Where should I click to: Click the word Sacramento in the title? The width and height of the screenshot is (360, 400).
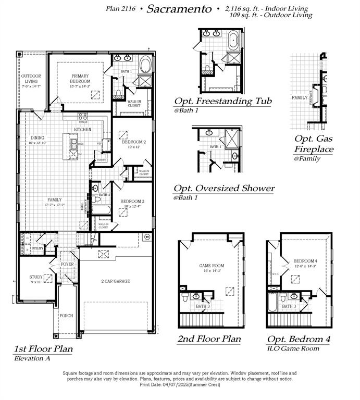[179, 9]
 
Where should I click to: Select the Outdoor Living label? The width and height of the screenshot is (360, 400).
[31, 79]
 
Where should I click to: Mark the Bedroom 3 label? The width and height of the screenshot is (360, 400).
[132, 202]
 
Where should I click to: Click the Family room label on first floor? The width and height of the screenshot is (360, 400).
[55, 199]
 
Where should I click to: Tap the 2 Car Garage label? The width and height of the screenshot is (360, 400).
[116, 281]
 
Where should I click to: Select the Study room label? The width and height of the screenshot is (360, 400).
[36, 278]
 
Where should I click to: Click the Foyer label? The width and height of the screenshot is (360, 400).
[68, 264]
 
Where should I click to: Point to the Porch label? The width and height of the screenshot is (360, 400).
[67, 315]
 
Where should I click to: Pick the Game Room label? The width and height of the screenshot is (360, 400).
[211, 266]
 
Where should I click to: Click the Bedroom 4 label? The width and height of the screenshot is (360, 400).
[304, 261]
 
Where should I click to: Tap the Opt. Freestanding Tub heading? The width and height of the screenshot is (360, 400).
[223, 101]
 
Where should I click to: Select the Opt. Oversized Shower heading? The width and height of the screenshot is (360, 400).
[224, 189]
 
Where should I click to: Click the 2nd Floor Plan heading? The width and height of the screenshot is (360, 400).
[209, 339]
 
